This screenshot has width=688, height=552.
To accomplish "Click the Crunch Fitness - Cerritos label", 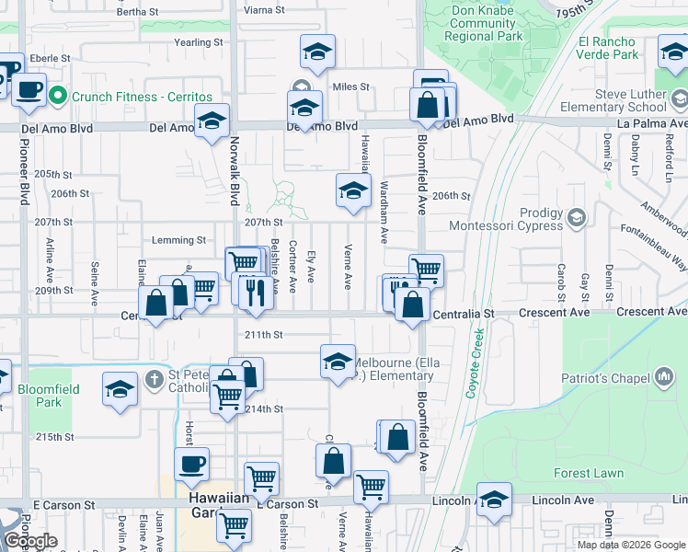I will [141, 97].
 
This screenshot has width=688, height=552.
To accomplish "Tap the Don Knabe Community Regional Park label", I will [483, 24].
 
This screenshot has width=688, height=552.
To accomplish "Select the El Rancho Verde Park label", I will [607, 48].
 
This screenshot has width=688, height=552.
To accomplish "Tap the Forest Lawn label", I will [589, 474].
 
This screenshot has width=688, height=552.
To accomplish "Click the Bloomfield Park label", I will [49, 396].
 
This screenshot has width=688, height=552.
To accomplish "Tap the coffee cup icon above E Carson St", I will [191, 465].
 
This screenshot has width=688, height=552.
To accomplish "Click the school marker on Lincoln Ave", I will [494, 500].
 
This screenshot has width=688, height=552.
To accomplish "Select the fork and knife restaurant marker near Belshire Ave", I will [256, 292].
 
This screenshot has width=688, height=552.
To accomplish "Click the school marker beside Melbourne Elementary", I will [338, 362].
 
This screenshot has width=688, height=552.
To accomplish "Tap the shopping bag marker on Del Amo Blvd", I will [429, 106].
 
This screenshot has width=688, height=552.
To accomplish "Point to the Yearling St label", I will [199, 42].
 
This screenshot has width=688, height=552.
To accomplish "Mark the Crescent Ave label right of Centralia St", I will [553, 313].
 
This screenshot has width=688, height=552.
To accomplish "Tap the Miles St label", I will [350, 87].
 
